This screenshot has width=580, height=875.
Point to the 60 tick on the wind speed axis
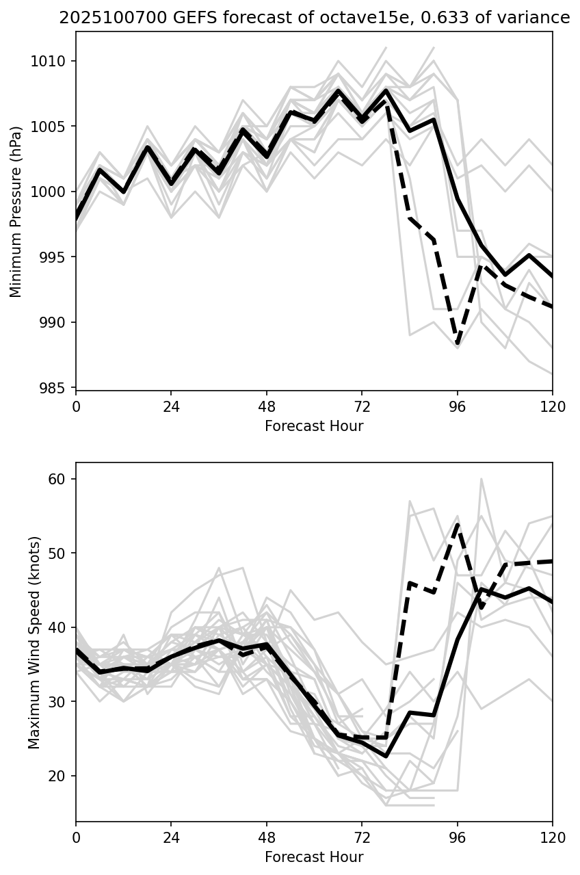point(62,479)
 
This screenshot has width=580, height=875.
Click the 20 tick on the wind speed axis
point(62,776)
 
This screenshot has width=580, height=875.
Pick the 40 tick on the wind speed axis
point(62,627)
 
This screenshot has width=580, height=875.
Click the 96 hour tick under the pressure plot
point(458,405)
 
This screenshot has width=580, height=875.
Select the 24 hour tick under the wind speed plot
point(171,836)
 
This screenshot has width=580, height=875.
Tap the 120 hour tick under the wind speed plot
point(553,836)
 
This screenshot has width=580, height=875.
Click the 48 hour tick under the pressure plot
point(267,405)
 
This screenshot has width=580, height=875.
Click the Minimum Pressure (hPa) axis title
point(16,211)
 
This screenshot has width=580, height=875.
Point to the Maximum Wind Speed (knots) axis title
point(34,642)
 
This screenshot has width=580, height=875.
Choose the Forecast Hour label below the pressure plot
point(314,426)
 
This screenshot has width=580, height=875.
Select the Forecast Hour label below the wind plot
point(314,857)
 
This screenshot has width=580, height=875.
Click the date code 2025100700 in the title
point(94,18)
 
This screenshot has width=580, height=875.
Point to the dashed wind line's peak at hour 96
point(457,525)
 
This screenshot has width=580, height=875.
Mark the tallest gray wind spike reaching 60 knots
point(481,480)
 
